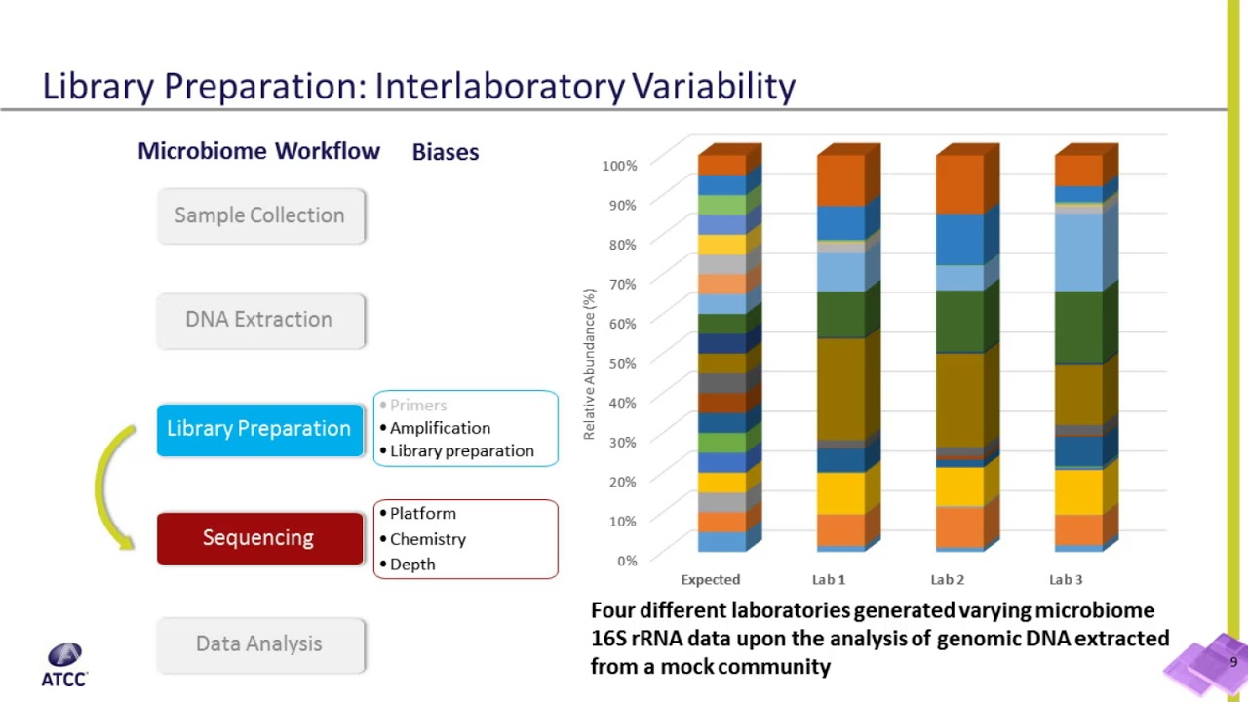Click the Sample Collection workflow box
(260, 215)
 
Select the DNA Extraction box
(260, 320)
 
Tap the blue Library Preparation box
(259, 429)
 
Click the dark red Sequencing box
(259, 538)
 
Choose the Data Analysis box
(260, 643)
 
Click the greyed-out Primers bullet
(418, 406)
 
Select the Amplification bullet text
(440, 428)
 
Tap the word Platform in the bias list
(422, 514)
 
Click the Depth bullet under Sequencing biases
(412, 565)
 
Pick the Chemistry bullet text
(427, 539)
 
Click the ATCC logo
(64, 664)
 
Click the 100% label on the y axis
(619, 166)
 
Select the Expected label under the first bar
(710, 580)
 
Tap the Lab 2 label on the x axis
(947, 580)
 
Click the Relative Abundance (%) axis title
(589, 364)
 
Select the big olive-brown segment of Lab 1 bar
(840, 389)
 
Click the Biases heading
(446, 152)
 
